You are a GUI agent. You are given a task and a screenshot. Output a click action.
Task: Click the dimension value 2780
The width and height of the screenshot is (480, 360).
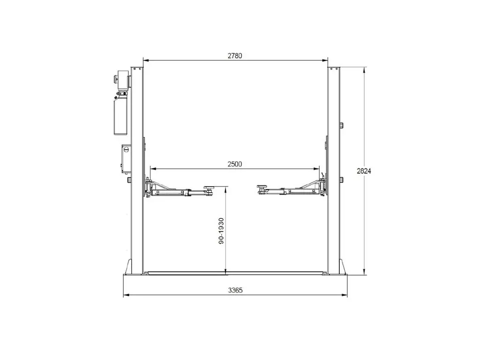235,56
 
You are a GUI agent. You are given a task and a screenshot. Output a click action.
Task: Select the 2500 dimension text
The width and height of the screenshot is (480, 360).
235,164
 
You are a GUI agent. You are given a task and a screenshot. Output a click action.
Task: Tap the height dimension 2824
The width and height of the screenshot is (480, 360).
364,171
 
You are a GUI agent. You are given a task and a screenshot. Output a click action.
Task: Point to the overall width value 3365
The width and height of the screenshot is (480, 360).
235,290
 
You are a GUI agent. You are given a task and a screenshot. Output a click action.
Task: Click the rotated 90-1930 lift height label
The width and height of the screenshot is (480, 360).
221,231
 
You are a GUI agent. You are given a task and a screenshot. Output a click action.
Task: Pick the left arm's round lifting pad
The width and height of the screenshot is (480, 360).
210,187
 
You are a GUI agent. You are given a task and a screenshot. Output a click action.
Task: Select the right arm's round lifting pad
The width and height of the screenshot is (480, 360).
262,187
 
